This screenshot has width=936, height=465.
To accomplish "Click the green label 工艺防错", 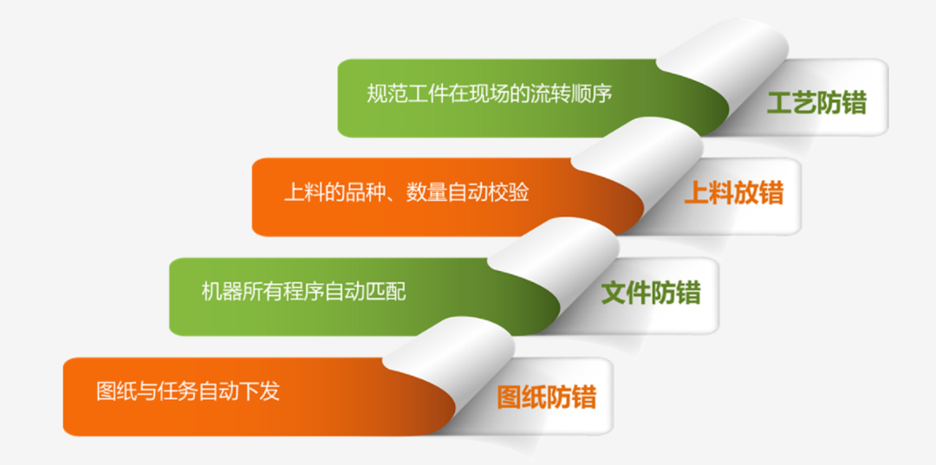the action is [816, 104].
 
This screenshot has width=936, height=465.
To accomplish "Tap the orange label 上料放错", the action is [734, 193].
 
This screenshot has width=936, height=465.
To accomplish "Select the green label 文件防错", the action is [651, 294].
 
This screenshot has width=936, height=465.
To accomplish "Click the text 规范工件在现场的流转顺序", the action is [490, 94].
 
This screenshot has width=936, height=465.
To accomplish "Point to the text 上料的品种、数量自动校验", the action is [406, 192].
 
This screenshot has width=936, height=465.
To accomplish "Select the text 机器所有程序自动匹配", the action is [304, 292].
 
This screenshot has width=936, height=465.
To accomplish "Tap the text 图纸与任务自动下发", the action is [188, 391].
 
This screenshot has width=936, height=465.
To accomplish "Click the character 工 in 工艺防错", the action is [780, 104].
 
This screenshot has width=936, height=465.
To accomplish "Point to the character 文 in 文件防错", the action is [614, 294].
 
